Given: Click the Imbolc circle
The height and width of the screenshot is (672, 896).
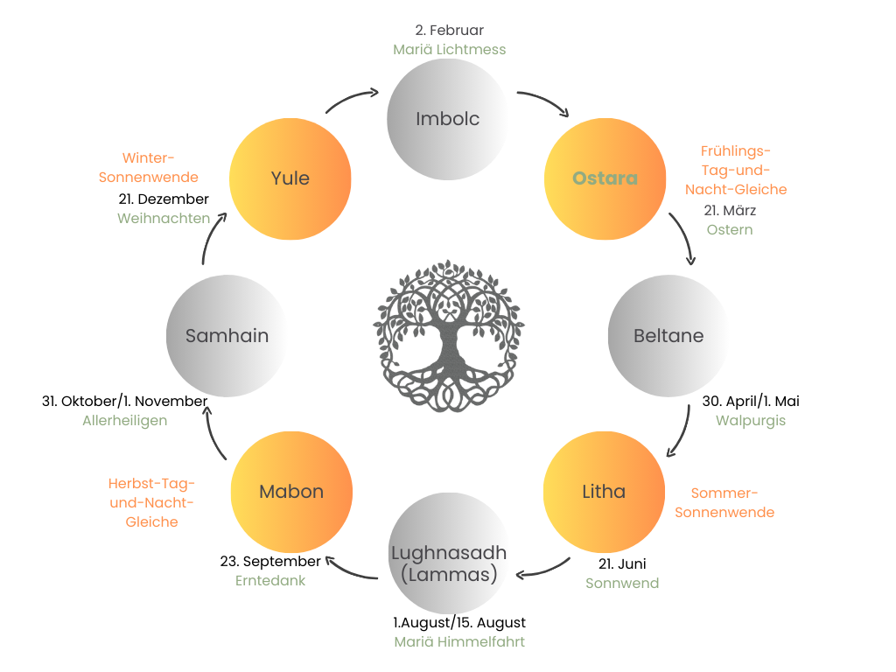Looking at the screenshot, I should click(x=448, y=119).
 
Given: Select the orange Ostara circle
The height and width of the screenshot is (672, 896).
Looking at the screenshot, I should click(x=605, y=178).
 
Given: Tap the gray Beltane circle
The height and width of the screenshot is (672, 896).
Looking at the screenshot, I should click(x=668, y=336).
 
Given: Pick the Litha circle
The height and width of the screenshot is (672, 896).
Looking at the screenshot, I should click(x=604, y=492).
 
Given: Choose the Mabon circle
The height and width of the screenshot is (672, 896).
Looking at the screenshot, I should click(x=291, y=492).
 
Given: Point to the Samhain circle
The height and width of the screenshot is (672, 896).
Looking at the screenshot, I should click(x=227, y=336).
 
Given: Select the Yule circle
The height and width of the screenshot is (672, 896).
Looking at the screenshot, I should click(x=290, y=178).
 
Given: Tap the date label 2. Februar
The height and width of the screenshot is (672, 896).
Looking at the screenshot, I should click(x=450, y=31).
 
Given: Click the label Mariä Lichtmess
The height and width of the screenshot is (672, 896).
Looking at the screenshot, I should click(x=450, y=50).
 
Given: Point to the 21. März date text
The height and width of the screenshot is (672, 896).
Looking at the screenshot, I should click(x=730, y=211).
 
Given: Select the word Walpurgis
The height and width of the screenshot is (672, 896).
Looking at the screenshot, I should click(x=751, y=421).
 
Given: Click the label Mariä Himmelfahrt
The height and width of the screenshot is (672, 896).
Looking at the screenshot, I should click(x=459, y=641).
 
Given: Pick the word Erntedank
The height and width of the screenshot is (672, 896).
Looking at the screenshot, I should click(x=271, y=580).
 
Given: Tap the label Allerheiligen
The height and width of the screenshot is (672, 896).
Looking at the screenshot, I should click(x=125, y=421).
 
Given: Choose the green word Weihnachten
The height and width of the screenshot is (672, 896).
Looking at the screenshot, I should click(x=164, y=219).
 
